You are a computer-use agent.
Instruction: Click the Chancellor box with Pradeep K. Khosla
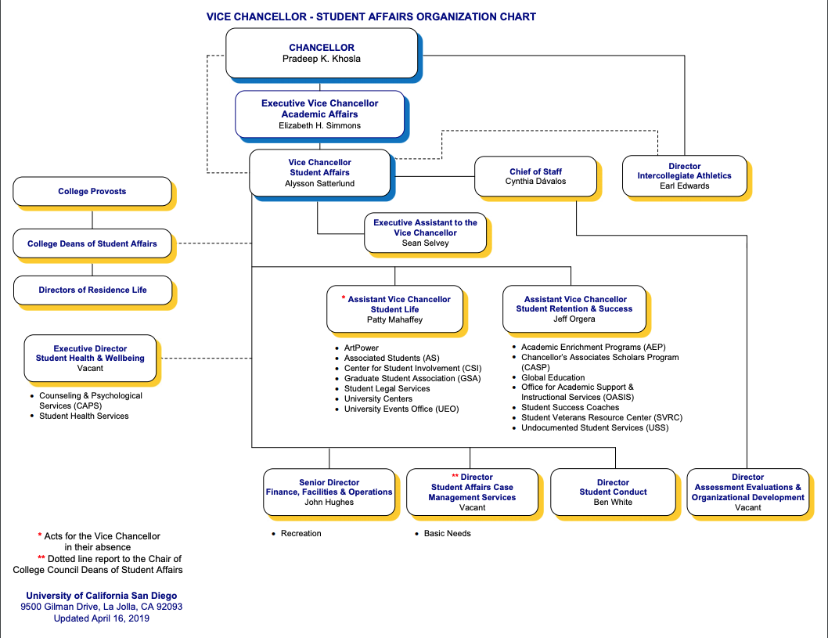[322, 53]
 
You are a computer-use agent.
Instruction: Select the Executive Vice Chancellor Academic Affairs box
[319, 114]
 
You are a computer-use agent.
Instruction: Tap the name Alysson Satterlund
[319, 183]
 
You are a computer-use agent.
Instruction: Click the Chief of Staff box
[535, 176]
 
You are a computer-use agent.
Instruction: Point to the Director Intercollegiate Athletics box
[684, 176]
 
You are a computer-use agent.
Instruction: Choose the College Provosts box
[92, 191]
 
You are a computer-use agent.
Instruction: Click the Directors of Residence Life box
[92, 290]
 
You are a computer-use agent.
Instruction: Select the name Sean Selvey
[425, 243]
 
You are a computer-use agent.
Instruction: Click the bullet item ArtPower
[361, 348]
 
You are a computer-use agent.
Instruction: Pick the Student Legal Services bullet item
[387, 388]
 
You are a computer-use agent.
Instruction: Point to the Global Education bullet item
[553, 377]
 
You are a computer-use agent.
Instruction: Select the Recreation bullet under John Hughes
[301, 533]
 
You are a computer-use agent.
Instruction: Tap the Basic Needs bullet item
[447, 533]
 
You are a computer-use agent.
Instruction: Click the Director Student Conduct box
[613, 492]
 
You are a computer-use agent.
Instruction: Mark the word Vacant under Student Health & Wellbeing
[90, 368]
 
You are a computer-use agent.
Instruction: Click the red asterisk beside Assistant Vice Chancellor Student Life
[343, 298]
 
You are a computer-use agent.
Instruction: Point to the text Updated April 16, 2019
[101, 618]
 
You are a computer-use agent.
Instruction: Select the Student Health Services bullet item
[84, 416]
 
